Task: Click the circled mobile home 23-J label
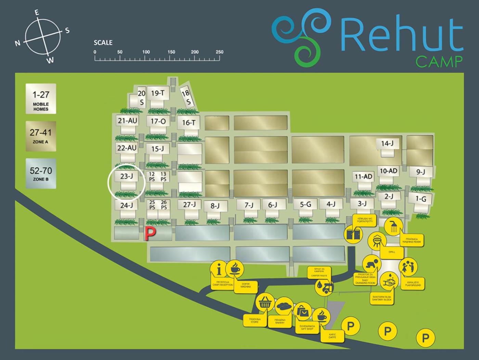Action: tap(126, 176)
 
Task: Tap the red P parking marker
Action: tap(150, 233)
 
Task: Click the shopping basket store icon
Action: tap(265, 303)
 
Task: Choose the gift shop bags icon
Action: tap(303, 311)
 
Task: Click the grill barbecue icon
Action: tap(377, 241)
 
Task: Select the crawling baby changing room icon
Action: tap(372, 264)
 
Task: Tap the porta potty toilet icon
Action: tap(354, 234)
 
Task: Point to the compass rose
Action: tap(42, 37)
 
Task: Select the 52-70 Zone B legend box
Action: tap(41, 173)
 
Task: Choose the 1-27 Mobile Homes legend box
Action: tap(41, 99)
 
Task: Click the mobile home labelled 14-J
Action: tap(387, 144)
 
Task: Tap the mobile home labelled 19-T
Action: tap(158, 93)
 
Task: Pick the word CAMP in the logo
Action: tap(439, 62)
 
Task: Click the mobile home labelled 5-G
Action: tap(306, 204)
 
